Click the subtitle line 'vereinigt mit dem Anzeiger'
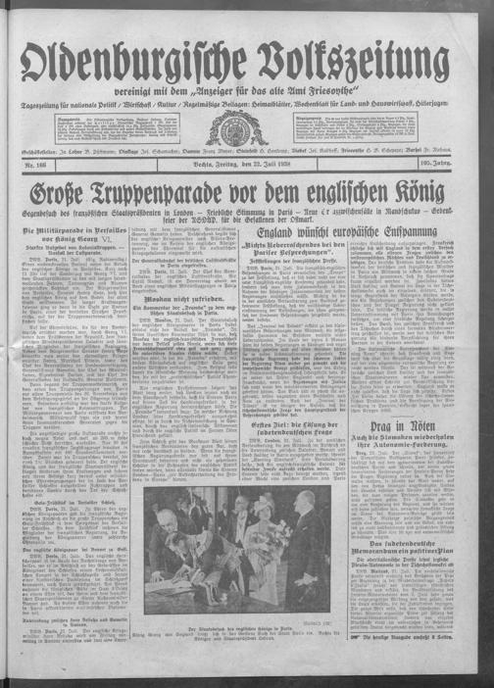point(245,92)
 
